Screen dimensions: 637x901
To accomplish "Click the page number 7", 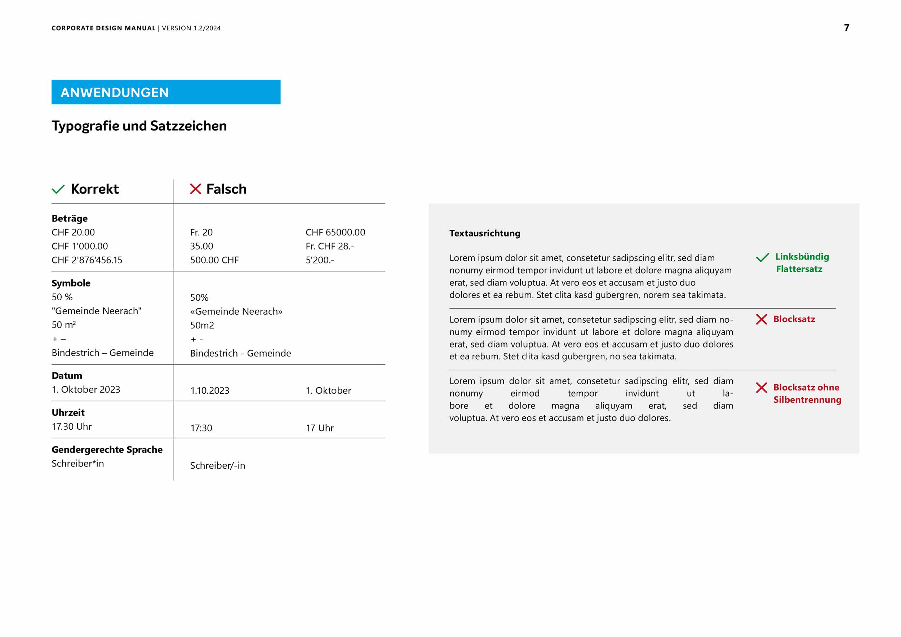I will pyautogui.click(x=847, y=27).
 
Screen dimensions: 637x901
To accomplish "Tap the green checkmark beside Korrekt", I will pyautogui.click(x=58, y=189).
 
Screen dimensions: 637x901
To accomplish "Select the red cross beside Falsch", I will pyautogui.click(x=195, y=189).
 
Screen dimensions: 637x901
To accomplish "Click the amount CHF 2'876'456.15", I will pyautogui.click(x=87, y=260).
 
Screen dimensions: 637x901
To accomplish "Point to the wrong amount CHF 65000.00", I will pyautogui.click(x=335, y=233).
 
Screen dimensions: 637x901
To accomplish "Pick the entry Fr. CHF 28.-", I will pyautogui.click(x=330, y=247).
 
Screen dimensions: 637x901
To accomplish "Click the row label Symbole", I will pyautogui.click(x=71, y=283).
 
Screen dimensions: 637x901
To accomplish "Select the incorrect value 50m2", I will pyautogui.click(x=202, y=326).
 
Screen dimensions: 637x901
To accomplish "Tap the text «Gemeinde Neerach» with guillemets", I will pyautogui.click(x=236, y=311).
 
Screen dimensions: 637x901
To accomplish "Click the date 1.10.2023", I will pyautogui.click(x=209, y=390).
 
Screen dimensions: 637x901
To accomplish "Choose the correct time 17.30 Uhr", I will pyautogui.click(x=72, y=426).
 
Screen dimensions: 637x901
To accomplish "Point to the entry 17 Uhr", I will pyautogui.click(x=319, y=428).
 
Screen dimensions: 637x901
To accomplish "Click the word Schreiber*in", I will pyautogui.click(x=78, y=464).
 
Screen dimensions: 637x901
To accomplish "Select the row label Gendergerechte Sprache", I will pyautogui.click(x=107, y=450).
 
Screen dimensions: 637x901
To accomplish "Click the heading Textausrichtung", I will pyautogui.click(x=485, y=234).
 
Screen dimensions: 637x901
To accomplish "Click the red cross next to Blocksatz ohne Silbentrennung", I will pyautogui.click(x=761, y=388).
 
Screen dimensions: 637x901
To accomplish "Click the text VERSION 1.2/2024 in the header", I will pyautogui.click(x=191, y=28).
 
